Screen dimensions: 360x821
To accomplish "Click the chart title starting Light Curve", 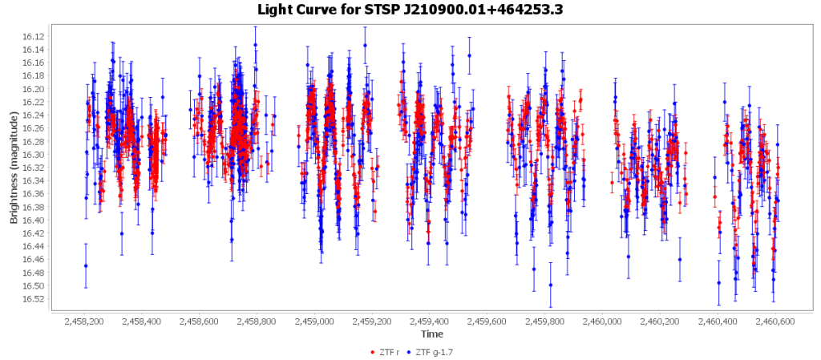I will pos(410,10).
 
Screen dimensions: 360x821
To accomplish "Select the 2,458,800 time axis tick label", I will pos(260,322).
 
